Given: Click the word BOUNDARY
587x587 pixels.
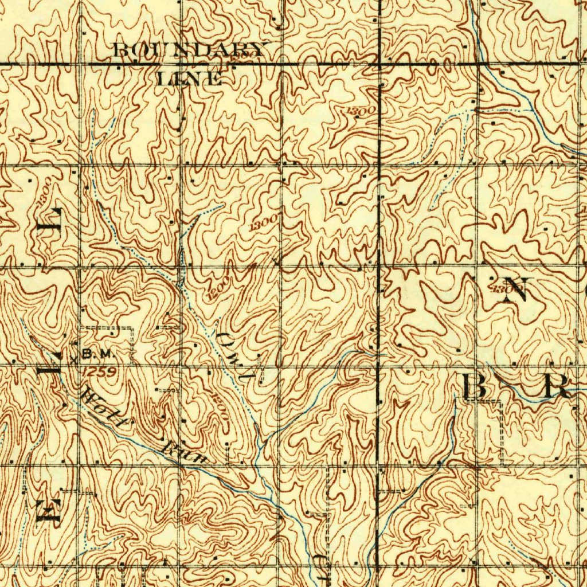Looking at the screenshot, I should [x=191, y=50].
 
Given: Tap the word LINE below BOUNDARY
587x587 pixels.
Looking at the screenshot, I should [x=190, y=79].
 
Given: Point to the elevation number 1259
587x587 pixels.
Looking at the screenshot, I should [x=99, y=371].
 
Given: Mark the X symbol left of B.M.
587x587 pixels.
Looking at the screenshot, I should [x=75, y=360].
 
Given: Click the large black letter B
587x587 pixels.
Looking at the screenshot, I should [x=475, y=388].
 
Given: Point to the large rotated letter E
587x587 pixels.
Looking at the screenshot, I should [x=49, y=510].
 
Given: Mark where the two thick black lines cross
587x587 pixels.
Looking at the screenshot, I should [x=379, y=63].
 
